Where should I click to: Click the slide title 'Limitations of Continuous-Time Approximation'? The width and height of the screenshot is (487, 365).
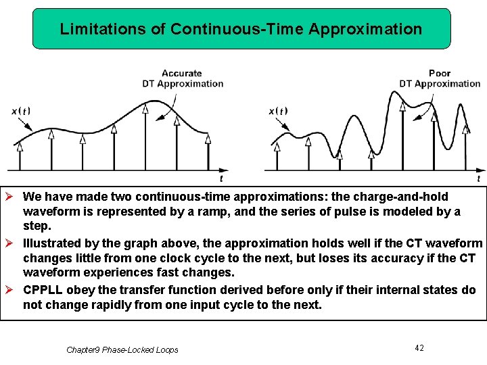click(x=241, y=29)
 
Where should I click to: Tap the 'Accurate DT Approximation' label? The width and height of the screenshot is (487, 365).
click(x=182, y=78)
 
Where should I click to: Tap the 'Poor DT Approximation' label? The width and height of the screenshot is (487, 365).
click(x=439, y=78)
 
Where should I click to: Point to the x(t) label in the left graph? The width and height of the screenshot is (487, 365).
click(x=20, y=112)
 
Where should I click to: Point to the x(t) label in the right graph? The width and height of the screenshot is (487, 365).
click(x=278, y=112)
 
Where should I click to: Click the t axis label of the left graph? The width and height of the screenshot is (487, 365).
click(x=221, y=178)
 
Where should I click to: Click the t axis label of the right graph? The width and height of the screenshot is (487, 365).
click(x=478, y=178)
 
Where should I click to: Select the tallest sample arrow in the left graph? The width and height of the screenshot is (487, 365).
click(x=145, y=135)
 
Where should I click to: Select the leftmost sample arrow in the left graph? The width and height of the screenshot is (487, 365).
click(x=20, y=155)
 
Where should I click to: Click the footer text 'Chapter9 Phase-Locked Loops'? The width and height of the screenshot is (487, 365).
click(x=122, y=349)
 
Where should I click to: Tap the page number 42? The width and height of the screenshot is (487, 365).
click(x=419, y=347)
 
